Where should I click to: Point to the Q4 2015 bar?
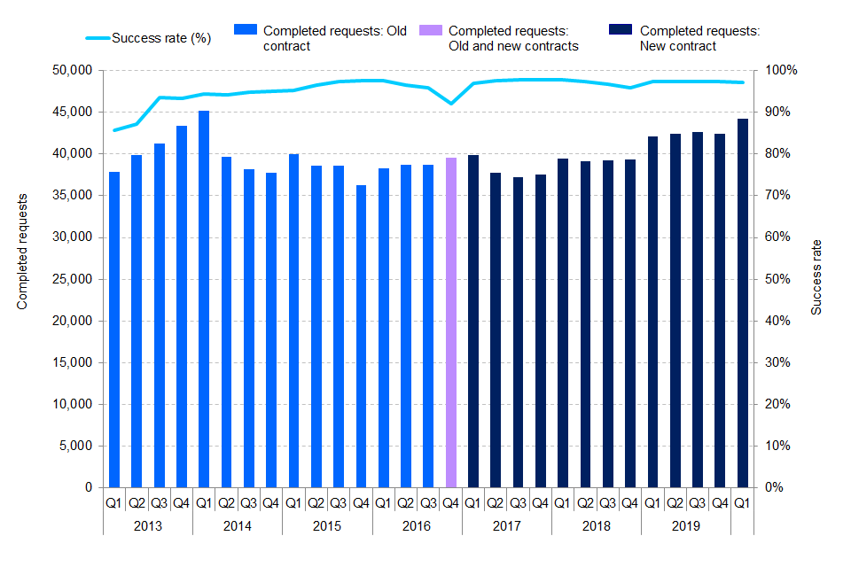click(x=361, y=337)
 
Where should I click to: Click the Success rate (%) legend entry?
click(x=148, y=38)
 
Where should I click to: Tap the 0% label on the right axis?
click(x=773, y=488)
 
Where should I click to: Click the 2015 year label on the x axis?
click(x=327, y=526)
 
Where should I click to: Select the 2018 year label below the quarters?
click(x=597, y=526)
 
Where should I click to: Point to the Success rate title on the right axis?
click(x=816, y=276)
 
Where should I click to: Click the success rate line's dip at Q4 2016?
click(x=450, y=104)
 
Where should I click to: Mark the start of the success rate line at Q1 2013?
click(x=113, y=130)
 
